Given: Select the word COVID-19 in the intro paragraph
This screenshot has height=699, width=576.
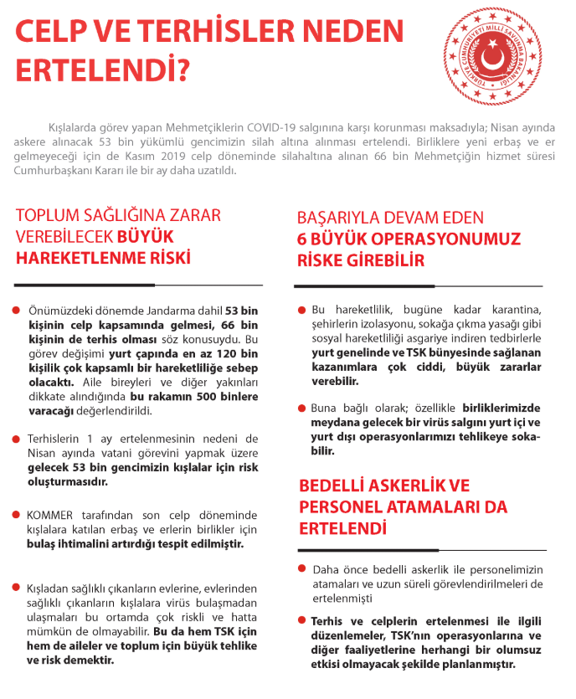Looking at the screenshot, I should pyautogui.click(x=273, y=126).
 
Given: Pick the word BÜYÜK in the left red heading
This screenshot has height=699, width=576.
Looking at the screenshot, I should pyautogui.click(x=152, y=236).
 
